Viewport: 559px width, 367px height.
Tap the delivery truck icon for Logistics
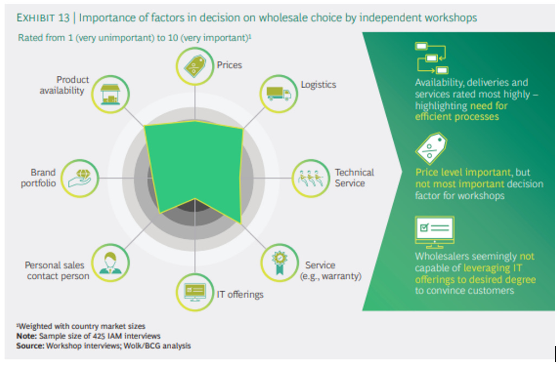(x=279, y=94)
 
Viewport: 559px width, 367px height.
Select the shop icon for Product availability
(x=110, y=94)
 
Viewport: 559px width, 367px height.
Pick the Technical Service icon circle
(x=309, y=177)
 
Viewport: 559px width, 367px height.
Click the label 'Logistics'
(x=318, y=84)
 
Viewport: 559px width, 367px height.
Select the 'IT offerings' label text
(x=240, y=294)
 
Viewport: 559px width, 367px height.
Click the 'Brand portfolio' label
(x=38, y=178)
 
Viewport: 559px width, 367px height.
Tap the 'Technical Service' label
(x=354, y=178)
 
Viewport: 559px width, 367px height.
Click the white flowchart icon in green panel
(x=432, y=58)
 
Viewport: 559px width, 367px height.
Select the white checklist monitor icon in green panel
(x=434, y=231)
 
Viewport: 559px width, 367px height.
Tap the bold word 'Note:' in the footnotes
(x=27, y=336)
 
